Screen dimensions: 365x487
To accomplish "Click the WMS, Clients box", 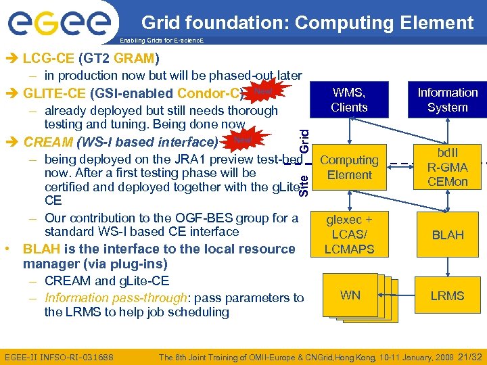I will (x=349, y=100).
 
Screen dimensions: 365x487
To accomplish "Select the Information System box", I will (x=447, y=100).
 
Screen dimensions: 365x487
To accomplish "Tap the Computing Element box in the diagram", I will (x=349, y=168).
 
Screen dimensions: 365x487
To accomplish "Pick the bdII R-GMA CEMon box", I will (x=447, y=167).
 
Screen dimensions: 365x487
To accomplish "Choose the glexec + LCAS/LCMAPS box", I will (x=349, y=234).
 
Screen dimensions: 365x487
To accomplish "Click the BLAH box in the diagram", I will (x=447, y=235).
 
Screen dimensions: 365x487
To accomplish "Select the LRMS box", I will (x=447, y=295).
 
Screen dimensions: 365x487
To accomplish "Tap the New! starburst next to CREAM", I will (x=241, y=139).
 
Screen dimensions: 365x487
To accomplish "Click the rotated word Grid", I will (x=304, y=139).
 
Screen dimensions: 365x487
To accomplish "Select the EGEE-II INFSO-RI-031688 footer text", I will (x=59, y=356).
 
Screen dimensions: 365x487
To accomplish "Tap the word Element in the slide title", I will (x=434, y=23).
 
